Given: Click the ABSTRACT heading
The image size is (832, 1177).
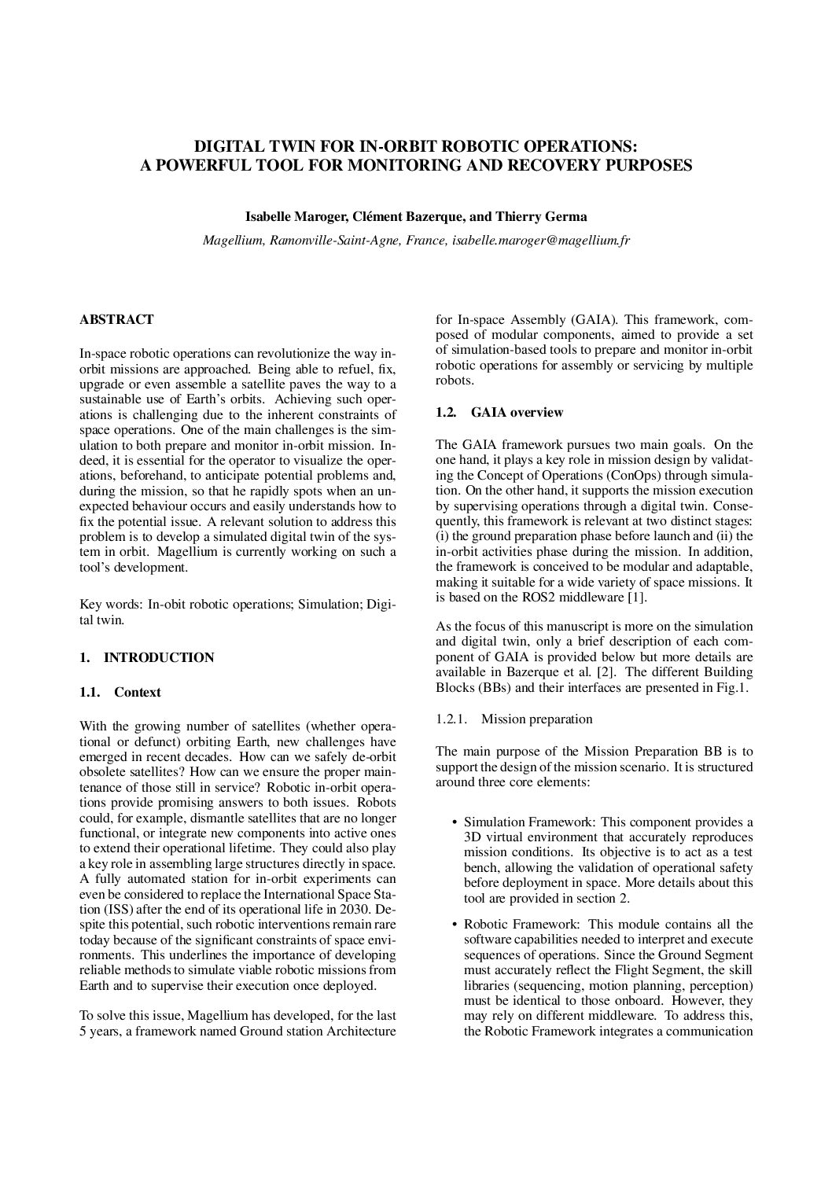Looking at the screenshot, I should (x=116, y=320).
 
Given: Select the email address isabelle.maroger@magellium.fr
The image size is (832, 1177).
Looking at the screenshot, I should (x=541, y=241).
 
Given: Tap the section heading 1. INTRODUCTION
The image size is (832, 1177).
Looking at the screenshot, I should (x=146, y=657).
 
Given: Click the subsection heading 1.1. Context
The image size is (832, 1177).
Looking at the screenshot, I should (x=120, y=692).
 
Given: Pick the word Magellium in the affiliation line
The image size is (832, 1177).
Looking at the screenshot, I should (x=234, y=241).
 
